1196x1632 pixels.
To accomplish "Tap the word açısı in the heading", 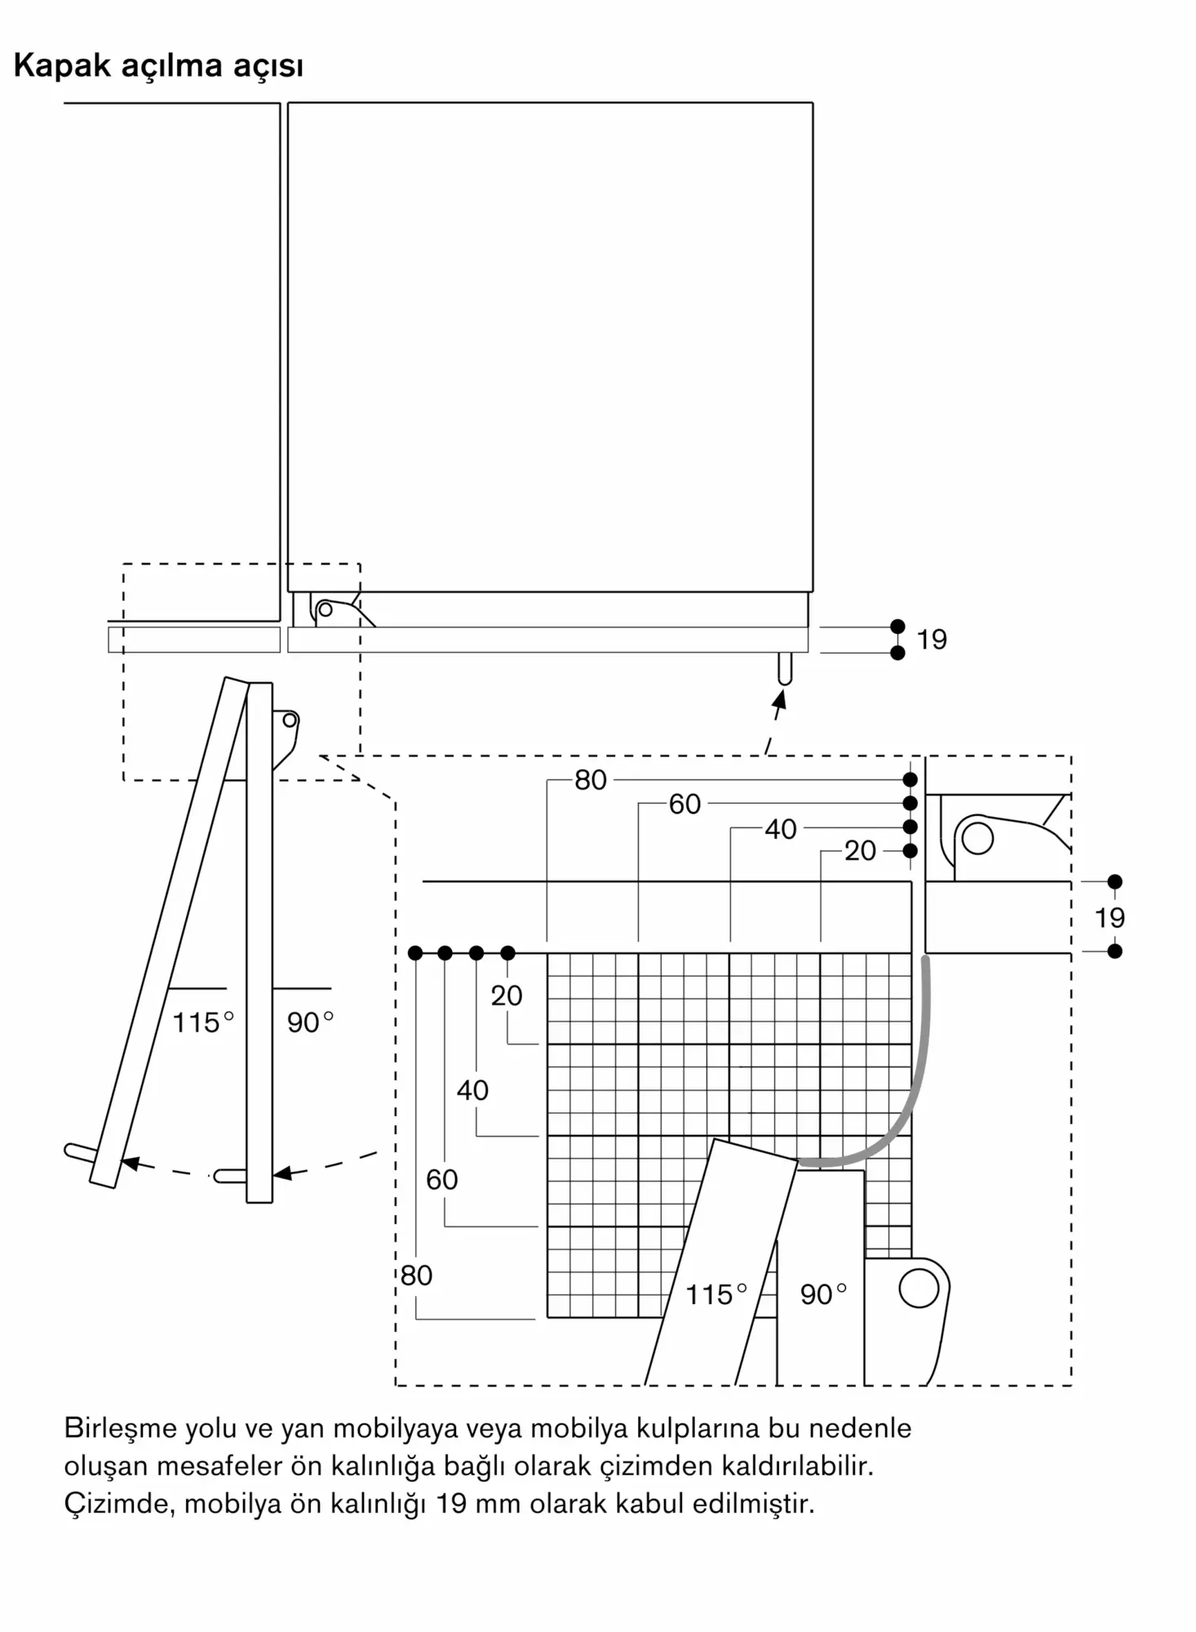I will pyautogui.click(x=268, y=67).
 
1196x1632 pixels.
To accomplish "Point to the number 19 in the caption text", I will pyautogui.click(x=450, y=1503).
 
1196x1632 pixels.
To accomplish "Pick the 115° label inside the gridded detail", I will pyautogui.click(x=715, y=1294).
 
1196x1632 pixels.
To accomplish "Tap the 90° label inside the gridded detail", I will pyautogui.click(x=822, y=1294).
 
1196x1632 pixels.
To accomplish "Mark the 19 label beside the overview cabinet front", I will pyautogui.click(x=932, y=640).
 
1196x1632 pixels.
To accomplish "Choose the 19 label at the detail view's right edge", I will pyautogui.click(x=1110, y=918).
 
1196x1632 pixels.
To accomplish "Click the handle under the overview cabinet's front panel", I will pyautogui.click(x=785, y=668).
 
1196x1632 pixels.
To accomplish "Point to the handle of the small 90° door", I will pyautogui.click(x=231, y=1176).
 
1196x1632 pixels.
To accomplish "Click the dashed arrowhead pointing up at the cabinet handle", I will pyautogui.click(x=780, y=699).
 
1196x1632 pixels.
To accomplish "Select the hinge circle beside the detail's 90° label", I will pyautogui.click(x=919, y=1288).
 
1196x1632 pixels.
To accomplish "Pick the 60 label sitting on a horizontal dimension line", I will pyautogui.click(x=684, y=805).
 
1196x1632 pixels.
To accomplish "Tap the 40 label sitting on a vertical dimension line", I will pyautogui.click(x=472, y=1090).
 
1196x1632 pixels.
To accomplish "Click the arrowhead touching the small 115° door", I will pyautogui.click(x=129, y=1163).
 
